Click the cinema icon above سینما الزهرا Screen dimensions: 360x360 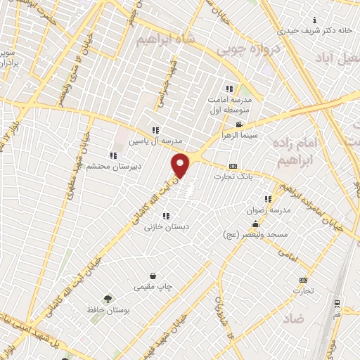[x=240, y=125]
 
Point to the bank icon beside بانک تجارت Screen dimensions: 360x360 [x=233, y=167]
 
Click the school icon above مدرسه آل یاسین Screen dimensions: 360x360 [x=155, y=130]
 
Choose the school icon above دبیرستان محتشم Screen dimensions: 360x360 [x=112, y=156]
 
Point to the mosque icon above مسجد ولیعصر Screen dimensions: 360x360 [x=255, y=225]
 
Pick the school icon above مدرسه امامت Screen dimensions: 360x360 [x=229, y=89]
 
